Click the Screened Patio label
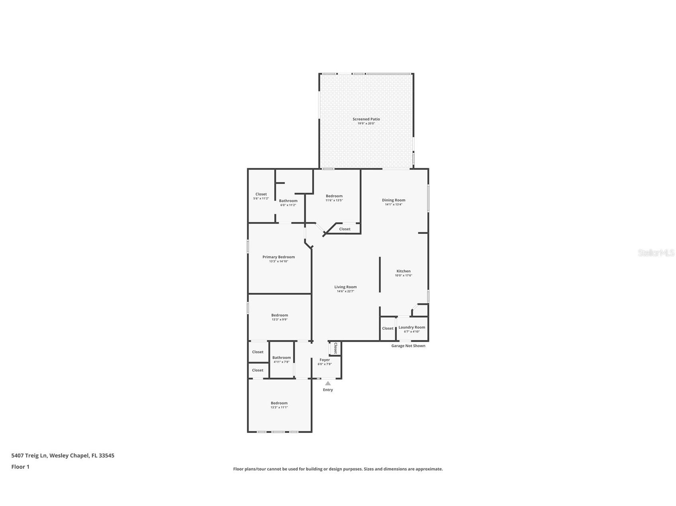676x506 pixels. coord(366,119)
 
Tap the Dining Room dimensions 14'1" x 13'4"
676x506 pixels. coord(394,204)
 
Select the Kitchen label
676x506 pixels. coord(403,271)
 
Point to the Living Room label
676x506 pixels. coord(345,287)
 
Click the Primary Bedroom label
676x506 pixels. coord(278,257)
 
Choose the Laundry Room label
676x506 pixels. coord(411,327)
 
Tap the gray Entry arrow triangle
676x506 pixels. coord(328,383)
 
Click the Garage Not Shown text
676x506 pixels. coord(408,346)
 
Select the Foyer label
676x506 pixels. coord(325,360)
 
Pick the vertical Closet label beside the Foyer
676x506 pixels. coord(335,348)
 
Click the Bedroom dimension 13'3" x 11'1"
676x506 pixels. coord(279,407)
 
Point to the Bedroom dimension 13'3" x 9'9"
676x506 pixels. coord(279,319)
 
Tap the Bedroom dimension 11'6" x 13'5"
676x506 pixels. coord(334,200)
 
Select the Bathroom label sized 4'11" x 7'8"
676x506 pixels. coord(281,358)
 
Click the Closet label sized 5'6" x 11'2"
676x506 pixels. coord(261,194)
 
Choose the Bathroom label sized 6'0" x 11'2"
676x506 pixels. coord(288,201)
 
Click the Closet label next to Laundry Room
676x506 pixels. coord(388,328)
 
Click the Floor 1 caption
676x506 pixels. coord(20,467)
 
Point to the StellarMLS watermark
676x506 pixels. coord(656,253)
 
